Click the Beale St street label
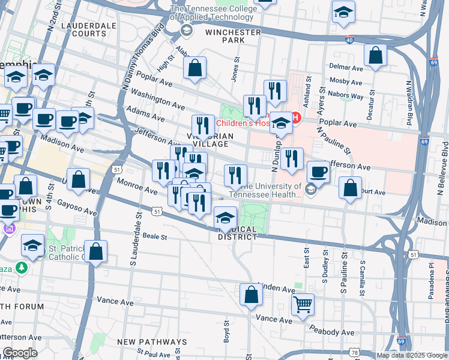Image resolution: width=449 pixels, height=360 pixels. (x=154, y=237)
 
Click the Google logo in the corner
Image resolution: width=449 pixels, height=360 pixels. (x=20, y=352)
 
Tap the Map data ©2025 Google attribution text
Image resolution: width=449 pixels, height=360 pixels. (x=411, y=355)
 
